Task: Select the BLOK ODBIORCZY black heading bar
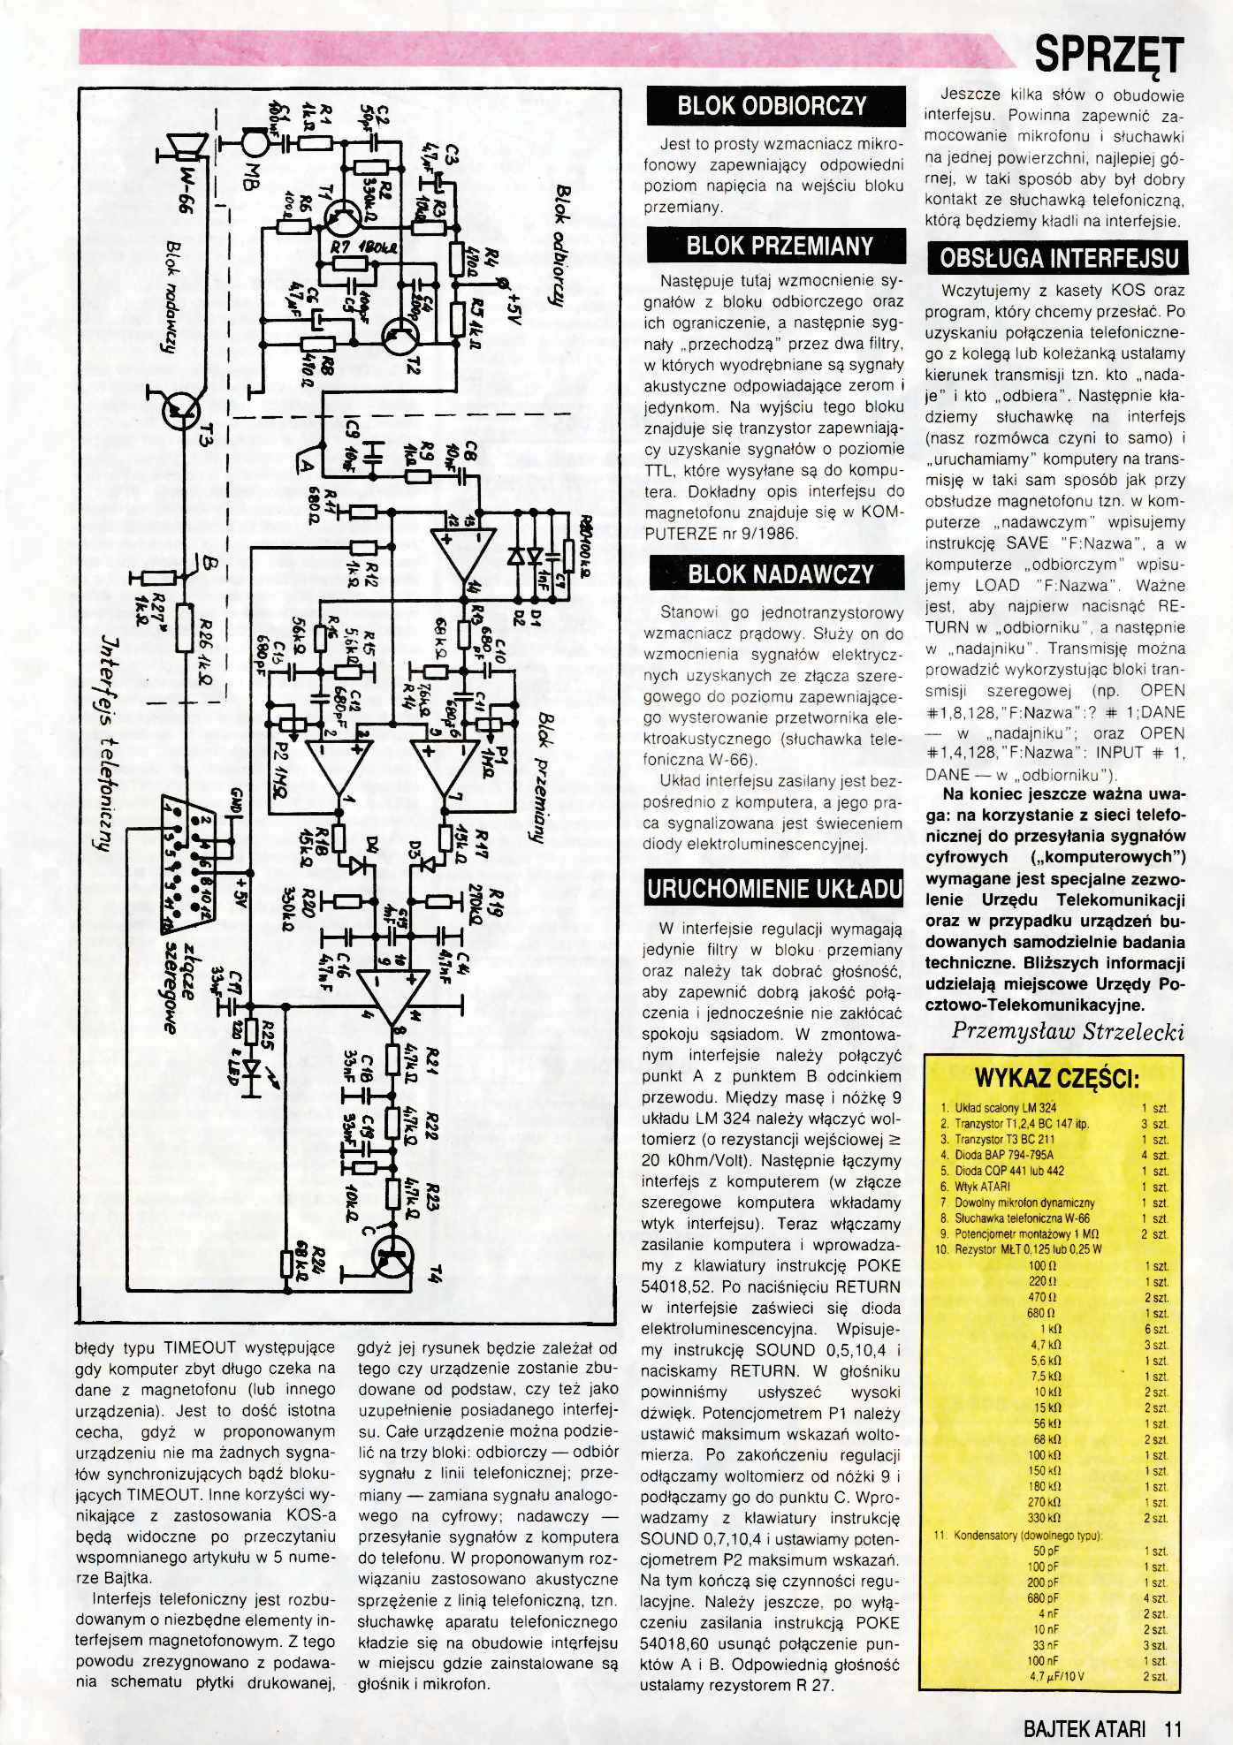[777, 106]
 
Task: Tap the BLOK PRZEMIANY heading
[777, 246]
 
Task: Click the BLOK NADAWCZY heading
[777, 573]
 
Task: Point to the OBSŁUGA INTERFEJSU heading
[1057, 258]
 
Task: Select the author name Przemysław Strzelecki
[1068, 1030]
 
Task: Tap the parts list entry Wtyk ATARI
[981, 1187]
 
